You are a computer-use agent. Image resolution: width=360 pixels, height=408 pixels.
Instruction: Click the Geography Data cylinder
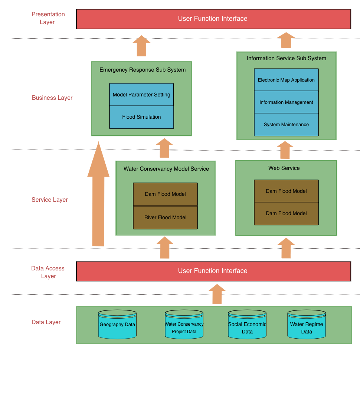click(x=117, y=325)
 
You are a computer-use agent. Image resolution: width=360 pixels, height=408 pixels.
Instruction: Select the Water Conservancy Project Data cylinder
click(x=184, y=325)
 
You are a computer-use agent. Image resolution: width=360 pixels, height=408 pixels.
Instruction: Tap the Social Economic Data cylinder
click(x=247, y=325)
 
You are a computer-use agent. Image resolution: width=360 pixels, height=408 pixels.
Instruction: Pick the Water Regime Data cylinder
click(x=307, y=325)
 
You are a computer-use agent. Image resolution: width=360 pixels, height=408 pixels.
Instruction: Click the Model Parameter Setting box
click(x=141, y=95)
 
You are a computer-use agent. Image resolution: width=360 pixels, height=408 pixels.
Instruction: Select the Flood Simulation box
click(x=141, y=117)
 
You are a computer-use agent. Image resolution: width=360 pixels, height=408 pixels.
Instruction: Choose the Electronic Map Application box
click(x=286, y=80)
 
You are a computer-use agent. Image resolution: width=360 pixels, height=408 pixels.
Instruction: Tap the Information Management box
click(x=286, y=102)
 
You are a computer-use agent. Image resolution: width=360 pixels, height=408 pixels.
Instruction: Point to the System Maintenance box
click(x=286, y=125)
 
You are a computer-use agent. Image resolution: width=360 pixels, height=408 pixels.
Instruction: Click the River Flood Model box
click(x=165, y=218)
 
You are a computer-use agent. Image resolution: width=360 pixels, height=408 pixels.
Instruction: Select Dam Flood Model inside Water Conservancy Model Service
click(x=165, y=194)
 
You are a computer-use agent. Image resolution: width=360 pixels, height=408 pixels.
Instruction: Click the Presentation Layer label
click(x=48, y=18)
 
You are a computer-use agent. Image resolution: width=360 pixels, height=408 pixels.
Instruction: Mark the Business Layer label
click(x=52, y=98)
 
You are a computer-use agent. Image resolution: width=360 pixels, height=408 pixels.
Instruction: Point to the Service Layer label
click(x=50, y=200)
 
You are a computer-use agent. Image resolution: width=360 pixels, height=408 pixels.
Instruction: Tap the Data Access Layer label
click(x=48, y=272)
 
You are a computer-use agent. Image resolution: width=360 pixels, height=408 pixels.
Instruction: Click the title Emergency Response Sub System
click(x=143, y=70)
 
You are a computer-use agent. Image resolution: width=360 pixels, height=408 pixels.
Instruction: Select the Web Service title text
click(x=284, y=168)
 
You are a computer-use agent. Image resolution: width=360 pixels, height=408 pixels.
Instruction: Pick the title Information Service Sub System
click(x=287, y=58)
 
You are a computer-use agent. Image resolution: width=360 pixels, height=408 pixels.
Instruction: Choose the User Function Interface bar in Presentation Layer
click(x=213, y=19)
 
